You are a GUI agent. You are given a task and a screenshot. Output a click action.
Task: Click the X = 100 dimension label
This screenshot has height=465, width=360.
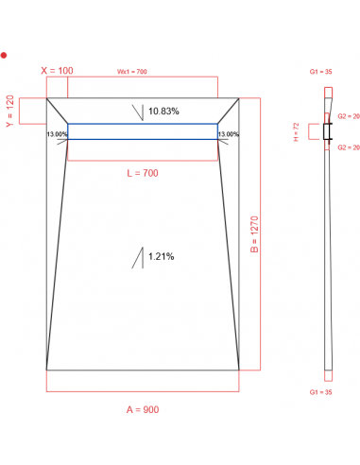click(57, 71)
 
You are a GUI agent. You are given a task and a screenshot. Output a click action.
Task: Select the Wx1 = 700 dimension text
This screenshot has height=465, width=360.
click(131, 72)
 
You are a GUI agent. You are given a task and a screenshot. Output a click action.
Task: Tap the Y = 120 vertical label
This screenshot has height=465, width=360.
click(10, 111)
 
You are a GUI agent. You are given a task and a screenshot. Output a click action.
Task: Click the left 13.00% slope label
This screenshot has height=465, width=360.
click(57, 134)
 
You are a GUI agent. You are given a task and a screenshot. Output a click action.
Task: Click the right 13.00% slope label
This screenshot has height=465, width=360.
click(229, 134)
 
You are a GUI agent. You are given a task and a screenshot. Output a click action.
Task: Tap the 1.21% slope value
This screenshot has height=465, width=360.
click(161, 256)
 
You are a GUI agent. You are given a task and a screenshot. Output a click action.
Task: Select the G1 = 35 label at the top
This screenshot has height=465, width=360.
click(320, 72)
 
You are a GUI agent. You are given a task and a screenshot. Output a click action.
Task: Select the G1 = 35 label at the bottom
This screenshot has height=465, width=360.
click(320, 391)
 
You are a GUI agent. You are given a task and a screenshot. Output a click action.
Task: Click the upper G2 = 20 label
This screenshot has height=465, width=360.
click(348, 118)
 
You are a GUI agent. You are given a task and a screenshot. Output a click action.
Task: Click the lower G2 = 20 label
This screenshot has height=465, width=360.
click(348, 147)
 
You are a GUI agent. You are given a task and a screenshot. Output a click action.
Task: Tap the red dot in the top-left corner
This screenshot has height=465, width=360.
click(4, 55)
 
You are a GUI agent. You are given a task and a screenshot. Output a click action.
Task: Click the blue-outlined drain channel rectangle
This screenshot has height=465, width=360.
click(143, 132)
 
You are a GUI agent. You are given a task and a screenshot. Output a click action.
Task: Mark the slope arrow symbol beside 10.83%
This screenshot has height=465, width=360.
click(138, 112)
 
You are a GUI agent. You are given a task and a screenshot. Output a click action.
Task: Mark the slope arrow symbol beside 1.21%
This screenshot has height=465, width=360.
click(138, 257)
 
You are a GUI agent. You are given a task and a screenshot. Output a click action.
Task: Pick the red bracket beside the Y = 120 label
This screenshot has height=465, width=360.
click(33, 111)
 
